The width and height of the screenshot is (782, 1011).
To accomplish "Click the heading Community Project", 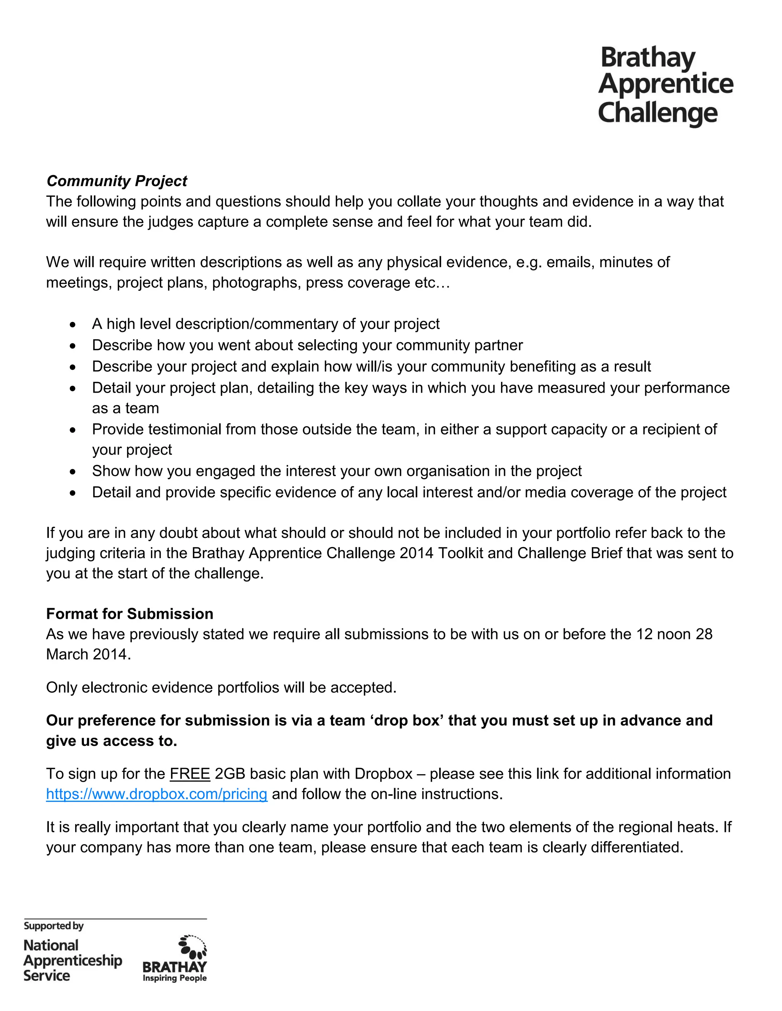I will click(117, 181).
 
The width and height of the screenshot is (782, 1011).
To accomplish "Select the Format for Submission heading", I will click(130, 614).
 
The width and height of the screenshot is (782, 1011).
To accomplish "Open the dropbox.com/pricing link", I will click(157, 794).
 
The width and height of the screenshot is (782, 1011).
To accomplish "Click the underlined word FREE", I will click(190, 774).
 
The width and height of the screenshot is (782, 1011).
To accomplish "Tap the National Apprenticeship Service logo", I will click(72, 961).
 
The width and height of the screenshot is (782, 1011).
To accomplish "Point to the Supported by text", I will click(54, 926).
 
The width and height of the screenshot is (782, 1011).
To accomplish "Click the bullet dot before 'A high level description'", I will click(72, 325).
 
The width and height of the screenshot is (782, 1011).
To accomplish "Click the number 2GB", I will click(230, 774).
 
